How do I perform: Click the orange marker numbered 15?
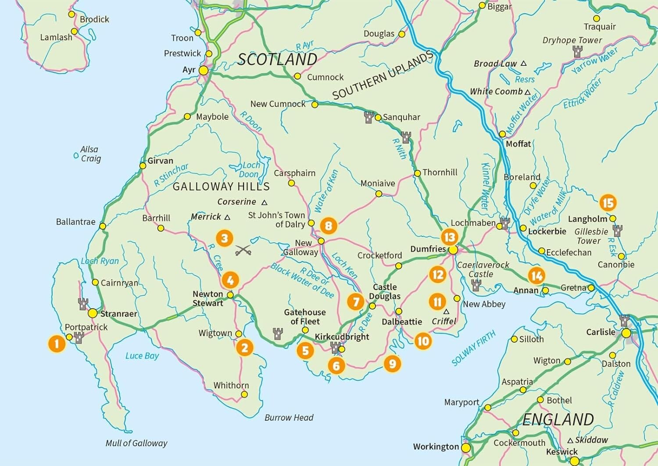(608, 203)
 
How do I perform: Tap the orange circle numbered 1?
(56, 343)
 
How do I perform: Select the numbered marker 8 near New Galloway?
(329, 226)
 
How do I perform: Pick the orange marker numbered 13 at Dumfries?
(449, 237)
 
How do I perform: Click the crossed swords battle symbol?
(243, 251)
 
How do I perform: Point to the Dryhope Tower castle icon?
(578, 52)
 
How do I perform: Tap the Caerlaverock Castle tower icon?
(476, 286)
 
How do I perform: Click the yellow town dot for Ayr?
(204, 71)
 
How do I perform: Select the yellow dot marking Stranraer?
(93, 313)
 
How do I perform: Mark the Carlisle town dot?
(626, 333)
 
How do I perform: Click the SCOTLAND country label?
(277, 59)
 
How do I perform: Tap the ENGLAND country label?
(558, 419)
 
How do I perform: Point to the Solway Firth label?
(473, 348)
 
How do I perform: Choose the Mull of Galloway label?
(136, 443)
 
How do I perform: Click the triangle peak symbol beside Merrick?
(227, 217)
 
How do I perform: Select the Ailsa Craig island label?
(90, 154)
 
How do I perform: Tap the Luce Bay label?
(142, 355)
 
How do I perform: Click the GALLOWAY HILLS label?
(221, 186)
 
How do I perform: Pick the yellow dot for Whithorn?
(244, 394)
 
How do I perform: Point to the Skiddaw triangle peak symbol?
(570, 440)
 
